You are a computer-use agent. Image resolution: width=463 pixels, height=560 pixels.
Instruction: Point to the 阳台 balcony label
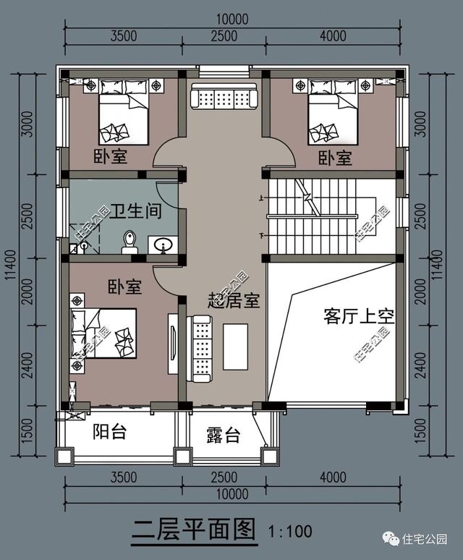(x=110, y=432)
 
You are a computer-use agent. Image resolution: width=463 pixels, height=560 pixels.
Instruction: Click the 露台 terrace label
(x=223, y=436)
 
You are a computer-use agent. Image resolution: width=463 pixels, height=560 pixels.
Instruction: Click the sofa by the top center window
(x=222, y=96)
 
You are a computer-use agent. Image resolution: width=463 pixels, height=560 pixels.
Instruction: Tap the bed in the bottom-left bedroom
(x=103, y=334)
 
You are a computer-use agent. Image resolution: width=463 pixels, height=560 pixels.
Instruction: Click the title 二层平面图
(x=193, y=530)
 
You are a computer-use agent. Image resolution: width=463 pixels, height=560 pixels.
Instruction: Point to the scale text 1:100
(x=290, y=532)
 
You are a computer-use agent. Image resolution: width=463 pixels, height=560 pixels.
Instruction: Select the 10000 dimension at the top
(x=232, y=20)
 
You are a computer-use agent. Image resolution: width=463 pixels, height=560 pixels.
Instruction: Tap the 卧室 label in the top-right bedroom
(x=335, y=157)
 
